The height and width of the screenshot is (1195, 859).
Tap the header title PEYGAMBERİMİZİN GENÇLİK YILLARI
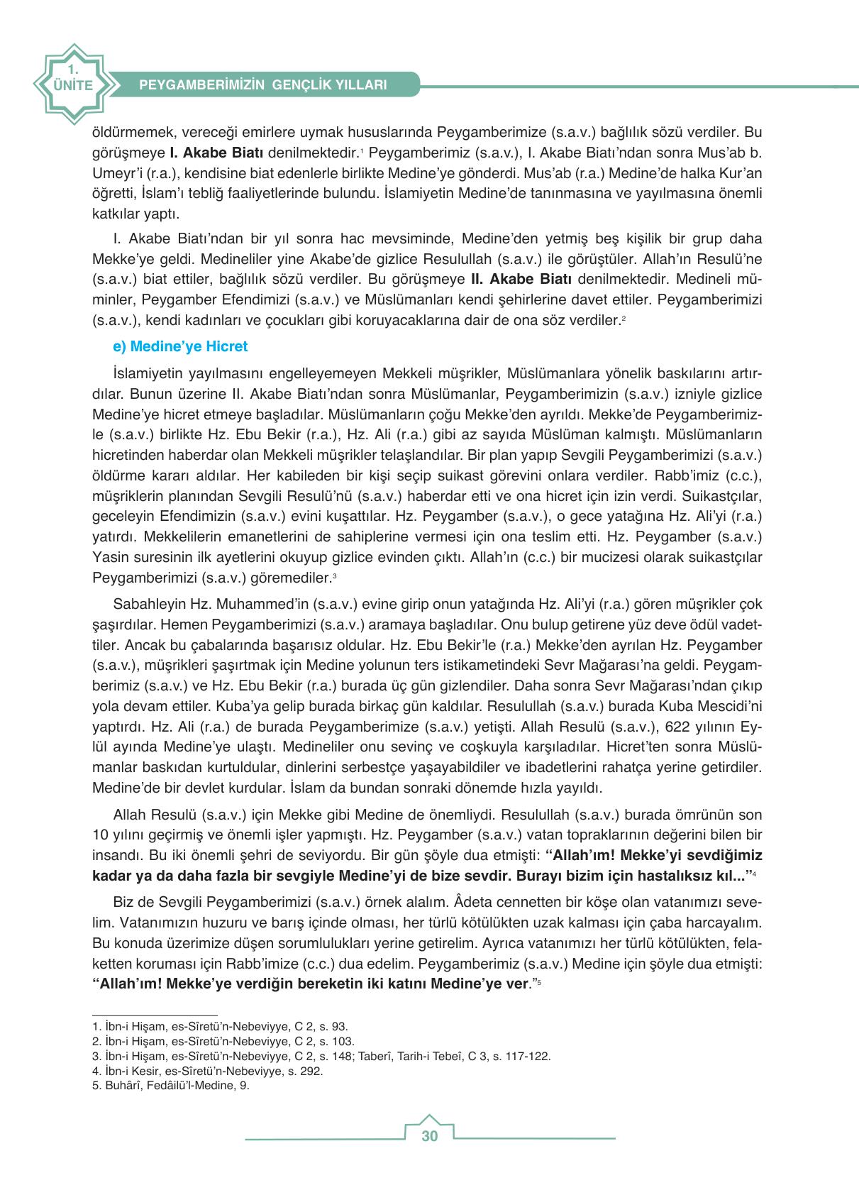(263, 84)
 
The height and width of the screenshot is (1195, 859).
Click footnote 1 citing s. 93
(221, 1026)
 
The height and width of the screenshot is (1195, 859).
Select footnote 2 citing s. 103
(223, 1041)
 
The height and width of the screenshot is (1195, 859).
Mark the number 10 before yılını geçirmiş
(100, 835)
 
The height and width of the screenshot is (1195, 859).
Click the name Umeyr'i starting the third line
(116, 172)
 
